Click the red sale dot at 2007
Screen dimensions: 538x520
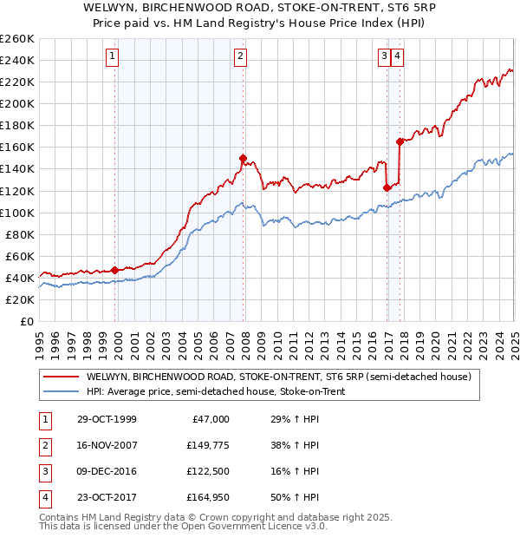(x=244, y=158)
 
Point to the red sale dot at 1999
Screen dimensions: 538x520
(x=115, y=270)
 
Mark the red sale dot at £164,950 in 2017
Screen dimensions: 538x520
(x=400, y=141)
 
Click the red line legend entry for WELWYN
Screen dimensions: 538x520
(x=277, y=377)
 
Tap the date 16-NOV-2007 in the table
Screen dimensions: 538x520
(x=107, y=444)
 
